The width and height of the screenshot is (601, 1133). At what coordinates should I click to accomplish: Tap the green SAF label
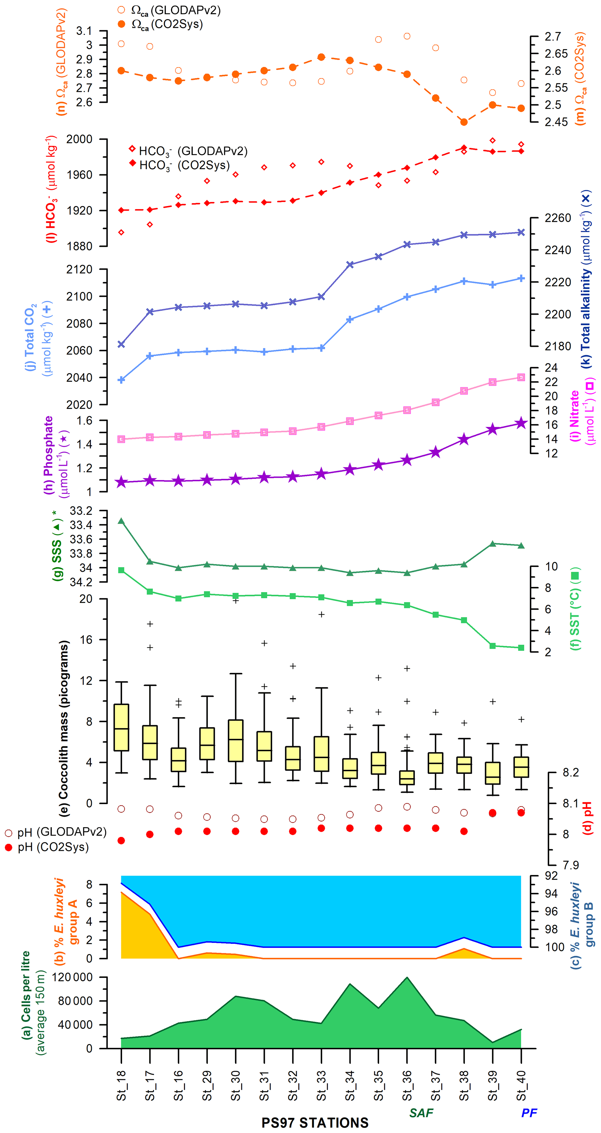click(421, 1112)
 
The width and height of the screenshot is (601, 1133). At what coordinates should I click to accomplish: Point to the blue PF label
click(529, 1112)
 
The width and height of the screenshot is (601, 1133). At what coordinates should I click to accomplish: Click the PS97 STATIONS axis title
click(315, 1123)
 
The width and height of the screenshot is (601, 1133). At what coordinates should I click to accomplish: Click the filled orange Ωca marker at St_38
click(464, 122)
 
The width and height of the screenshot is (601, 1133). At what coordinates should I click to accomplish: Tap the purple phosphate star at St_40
click(521, 423)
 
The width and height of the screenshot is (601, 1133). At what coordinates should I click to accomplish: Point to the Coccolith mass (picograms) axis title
click(64, 728)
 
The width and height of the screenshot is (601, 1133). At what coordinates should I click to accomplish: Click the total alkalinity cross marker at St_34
click(350, 264)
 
